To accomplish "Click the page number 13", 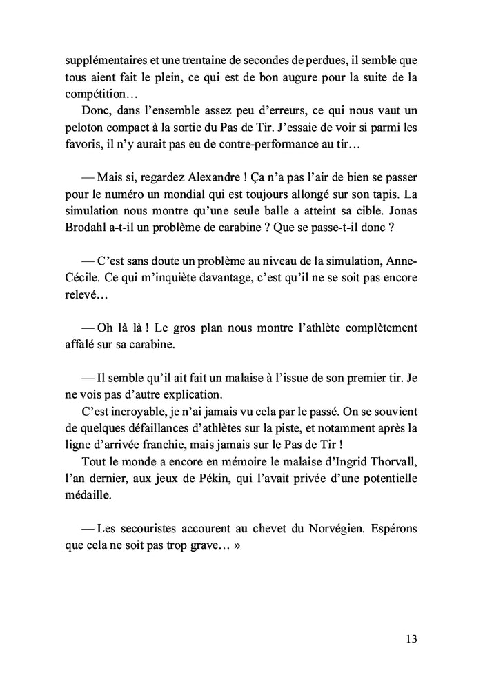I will click(x=411, y=638).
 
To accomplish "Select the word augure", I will click(x=284, y=77).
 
